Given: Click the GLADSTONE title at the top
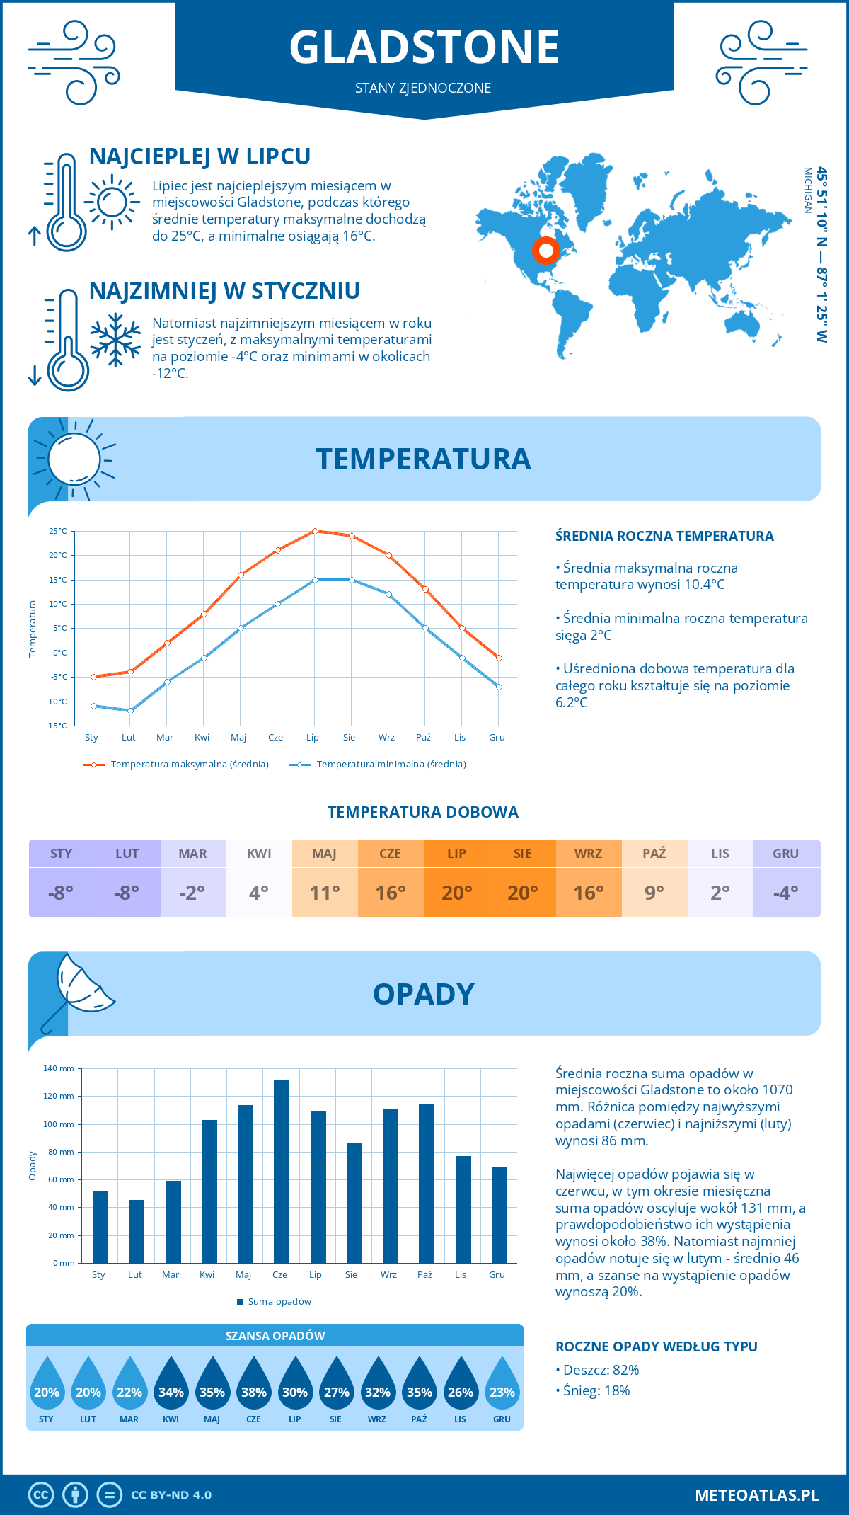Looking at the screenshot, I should pos(424,47).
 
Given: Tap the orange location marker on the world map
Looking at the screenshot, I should pos(545,250).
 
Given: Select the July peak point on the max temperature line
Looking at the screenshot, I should pos(315,531).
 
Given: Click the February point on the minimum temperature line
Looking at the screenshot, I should pos(130,711).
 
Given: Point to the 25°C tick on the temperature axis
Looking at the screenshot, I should pos(58,531).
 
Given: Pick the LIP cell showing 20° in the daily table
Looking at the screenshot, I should pos(456,892).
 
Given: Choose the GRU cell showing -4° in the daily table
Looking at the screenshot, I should pos(786,892).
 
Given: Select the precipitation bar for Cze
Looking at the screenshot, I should pos(282,1172).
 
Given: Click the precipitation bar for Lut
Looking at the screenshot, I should pos(137,1231).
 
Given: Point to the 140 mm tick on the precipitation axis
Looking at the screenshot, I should pos(59,1068).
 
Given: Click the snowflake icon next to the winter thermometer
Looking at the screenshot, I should pos(115,340).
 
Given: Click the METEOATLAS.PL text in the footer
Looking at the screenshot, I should pos(756,1495).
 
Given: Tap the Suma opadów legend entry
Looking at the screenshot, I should pos(279,1302).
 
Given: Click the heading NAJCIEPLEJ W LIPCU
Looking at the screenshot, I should pos(200,156).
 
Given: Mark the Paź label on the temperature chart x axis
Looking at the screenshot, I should pos(423,738).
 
